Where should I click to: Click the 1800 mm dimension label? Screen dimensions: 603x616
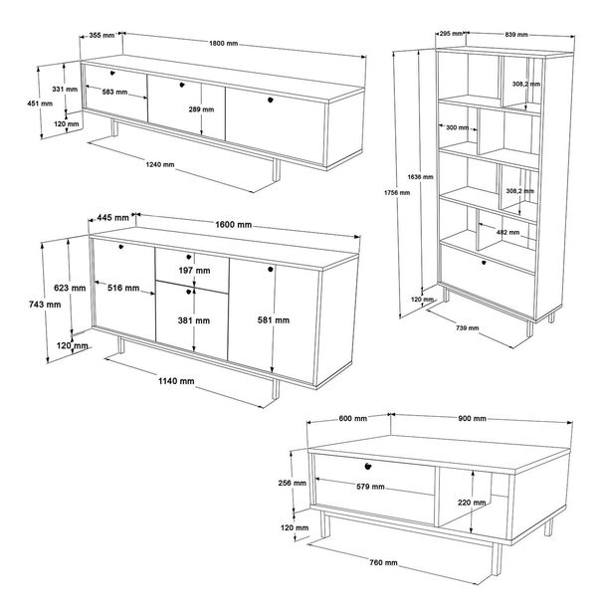[x=224, y=43]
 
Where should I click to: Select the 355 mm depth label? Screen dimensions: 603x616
[x=101, y=36]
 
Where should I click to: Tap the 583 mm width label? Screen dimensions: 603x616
[x=114, y=92]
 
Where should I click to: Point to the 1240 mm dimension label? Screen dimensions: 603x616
[x=160, y=164]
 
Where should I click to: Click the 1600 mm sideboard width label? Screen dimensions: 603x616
[x=234, y=224]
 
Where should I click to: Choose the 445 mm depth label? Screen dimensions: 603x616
[x=112, y=217]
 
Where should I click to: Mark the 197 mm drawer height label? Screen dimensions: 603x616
[x=194, y=271]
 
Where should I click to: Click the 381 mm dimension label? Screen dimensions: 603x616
[x=194, y=320]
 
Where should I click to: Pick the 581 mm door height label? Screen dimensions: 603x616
[x=274, y=320]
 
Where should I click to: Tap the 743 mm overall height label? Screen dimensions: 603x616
[x=45, y=305]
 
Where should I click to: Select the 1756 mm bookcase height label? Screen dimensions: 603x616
[x=397, y=192]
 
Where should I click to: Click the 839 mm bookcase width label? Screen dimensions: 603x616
[x=516, y=35]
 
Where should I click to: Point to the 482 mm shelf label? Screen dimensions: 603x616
[x=507, y=232]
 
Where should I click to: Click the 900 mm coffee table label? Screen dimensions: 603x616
[x=473, y=418]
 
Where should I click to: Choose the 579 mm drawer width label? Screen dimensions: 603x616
[x=370, y=487]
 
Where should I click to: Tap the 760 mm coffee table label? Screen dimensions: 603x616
[x=383, y=562]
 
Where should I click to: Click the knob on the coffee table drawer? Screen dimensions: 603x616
[x=368, y=466]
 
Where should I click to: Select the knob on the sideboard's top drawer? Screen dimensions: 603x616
[x=189, y=257]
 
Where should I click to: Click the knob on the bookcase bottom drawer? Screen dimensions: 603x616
[x=484, y=262]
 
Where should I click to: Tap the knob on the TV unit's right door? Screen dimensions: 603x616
[x=271, y=101]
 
